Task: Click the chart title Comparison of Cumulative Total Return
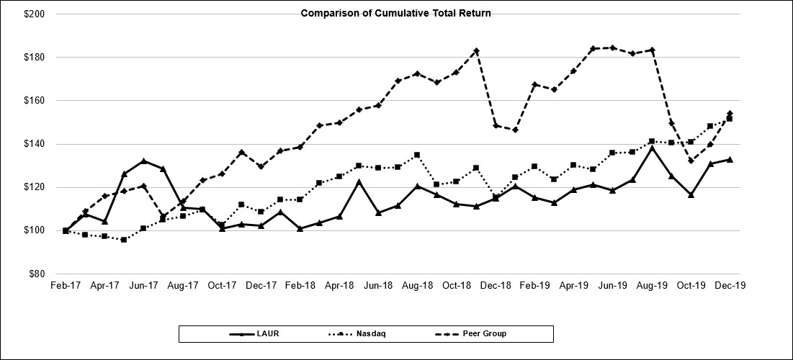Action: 396,13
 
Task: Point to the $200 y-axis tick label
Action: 34,14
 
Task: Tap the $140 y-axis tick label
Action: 34,144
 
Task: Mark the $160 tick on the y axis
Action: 34,101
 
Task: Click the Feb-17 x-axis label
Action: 66,286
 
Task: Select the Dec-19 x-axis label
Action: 730,286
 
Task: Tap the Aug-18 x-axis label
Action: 417,286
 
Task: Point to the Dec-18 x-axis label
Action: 496,286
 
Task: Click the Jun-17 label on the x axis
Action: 144,286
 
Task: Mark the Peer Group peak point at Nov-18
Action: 476,50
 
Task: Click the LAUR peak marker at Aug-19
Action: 652,148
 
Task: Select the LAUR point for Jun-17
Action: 144,161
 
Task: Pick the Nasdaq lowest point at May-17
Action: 124,239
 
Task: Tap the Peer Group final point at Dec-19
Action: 730,113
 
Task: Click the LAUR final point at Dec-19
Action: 730,159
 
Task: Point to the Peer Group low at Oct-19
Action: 691,161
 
